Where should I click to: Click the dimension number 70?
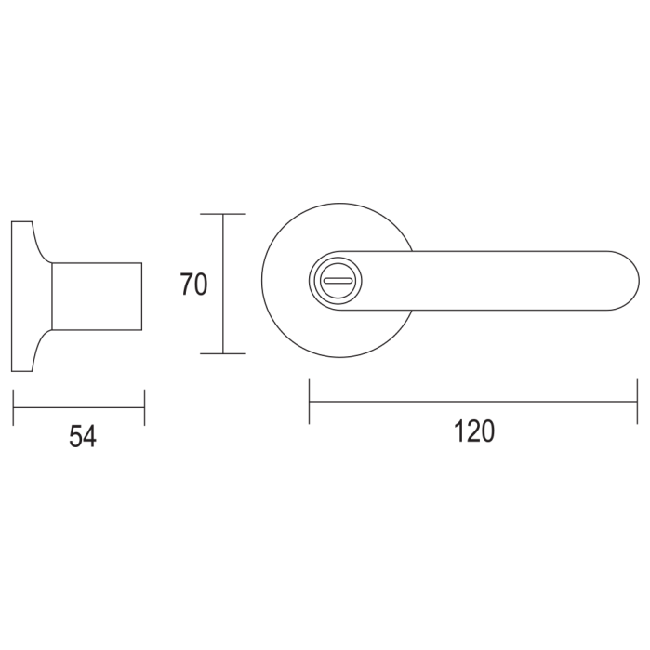(x=193, y=284)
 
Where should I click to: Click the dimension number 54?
(x=83, y=435)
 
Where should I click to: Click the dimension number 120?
(x=474, y=431)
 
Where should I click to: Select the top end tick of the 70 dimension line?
(x=223, y=214)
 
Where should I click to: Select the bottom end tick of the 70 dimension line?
(x=223, y=354)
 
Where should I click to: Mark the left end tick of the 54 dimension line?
(x=14, y=407)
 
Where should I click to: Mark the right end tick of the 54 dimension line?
(x=144, y=407)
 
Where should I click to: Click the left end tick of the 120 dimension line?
(x=310, y=402)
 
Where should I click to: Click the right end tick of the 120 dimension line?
(x=637, y=402)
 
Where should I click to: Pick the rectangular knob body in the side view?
(x=97, y=296)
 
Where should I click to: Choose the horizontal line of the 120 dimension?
(x=474, y=402)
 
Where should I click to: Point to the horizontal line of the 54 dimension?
(x=79, y=407)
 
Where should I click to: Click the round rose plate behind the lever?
(x=288, y=316)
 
